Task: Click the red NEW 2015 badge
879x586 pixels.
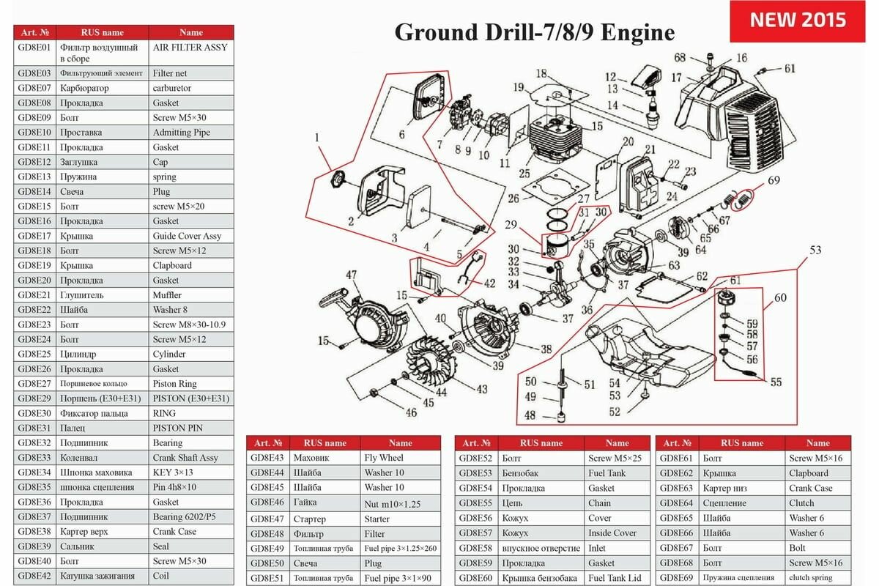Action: [798, 20]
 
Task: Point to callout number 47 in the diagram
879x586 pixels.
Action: [352, 275]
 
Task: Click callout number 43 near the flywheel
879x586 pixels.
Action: [481, 389]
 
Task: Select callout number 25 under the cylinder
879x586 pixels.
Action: [524, 174]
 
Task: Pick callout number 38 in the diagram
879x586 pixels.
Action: [546, 349]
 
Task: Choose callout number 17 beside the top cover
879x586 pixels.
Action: [677, 78]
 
